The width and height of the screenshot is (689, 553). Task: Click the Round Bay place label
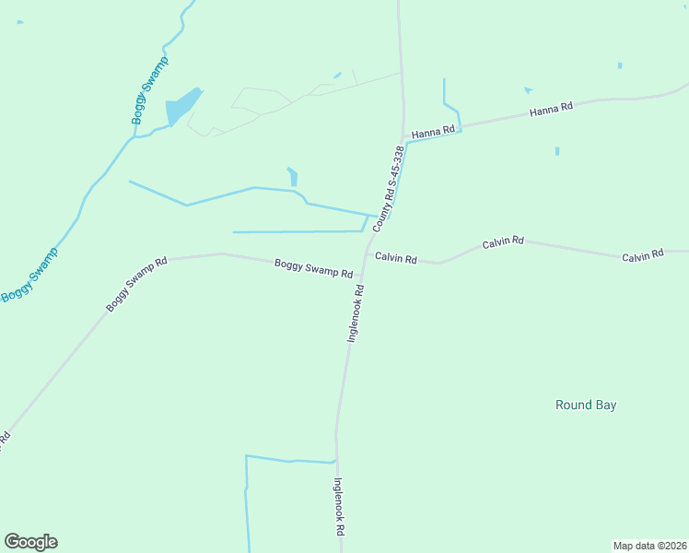[x=585, y=405]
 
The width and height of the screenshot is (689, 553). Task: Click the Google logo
[x=30, y=542]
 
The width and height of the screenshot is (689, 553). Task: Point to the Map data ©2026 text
[x=649, y=545]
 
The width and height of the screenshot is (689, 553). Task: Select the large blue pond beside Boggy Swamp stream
[x=181, y=107]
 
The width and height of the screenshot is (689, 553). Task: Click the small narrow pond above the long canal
[x=293, y=176]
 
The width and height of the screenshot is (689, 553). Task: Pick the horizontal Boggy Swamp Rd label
[x=313, y=269]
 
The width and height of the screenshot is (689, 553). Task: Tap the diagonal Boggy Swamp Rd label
[x=135, y=284]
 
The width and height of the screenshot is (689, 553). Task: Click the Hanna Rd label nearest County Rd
[x=433, y=133]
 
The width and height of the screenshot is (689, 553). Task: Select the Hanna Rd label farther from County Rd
[x=551, y=109]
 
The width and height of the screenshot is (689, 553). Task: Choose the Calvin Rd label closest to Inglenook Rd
[x=396, y=259]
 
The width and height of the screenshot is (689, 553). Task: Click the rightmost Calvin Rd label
[x=642, y=255]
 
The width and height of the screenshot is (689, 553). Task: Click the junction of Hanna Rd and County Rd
[x=403, y=137]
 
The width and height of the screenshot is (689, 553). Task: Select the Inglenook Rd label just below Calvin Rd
[x=356, y=313]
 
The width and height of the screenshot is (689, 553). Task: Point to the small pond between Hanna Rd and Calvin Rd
[x=557, y=150]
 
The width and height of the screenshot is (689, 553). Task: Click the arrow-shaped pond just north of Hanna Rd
[x=528, y=89]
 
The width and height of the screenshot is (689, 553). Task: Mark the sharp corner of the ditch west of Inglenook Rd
[x=246, y=456]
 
